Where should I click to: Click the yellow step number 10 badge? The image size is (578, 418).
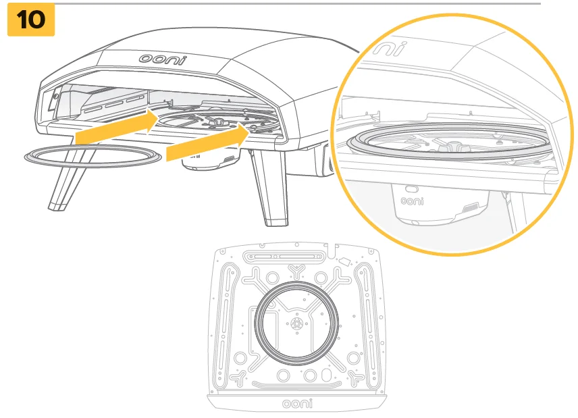(31, 20)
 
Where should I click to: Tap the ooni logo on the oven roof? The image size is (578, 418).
(163, 59)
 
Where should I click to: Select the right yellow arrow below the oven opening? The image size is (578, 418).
(208, 142)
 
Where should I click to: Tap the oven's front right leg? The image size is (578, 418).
(271, 187)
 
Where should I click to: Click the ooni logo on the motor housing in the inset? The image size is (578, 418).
(412, 201)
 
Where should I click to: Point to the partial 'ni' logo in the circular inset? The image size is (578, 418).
(390, 49)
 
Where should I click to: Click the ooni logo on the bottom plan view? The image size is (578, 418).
(297, 404)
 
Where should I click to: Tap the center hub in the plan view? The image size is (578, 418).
(296, 323)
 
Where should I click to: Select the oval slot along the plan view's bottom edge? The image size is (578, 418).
(327, 375)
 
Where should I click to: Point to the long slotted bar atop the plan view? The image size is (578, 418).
(284, 256)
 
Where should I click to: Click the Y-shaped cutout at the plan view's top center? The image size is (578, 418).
(296, 271)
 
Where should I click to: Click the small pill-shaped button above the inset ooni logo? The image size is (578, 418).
(412, 189)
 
